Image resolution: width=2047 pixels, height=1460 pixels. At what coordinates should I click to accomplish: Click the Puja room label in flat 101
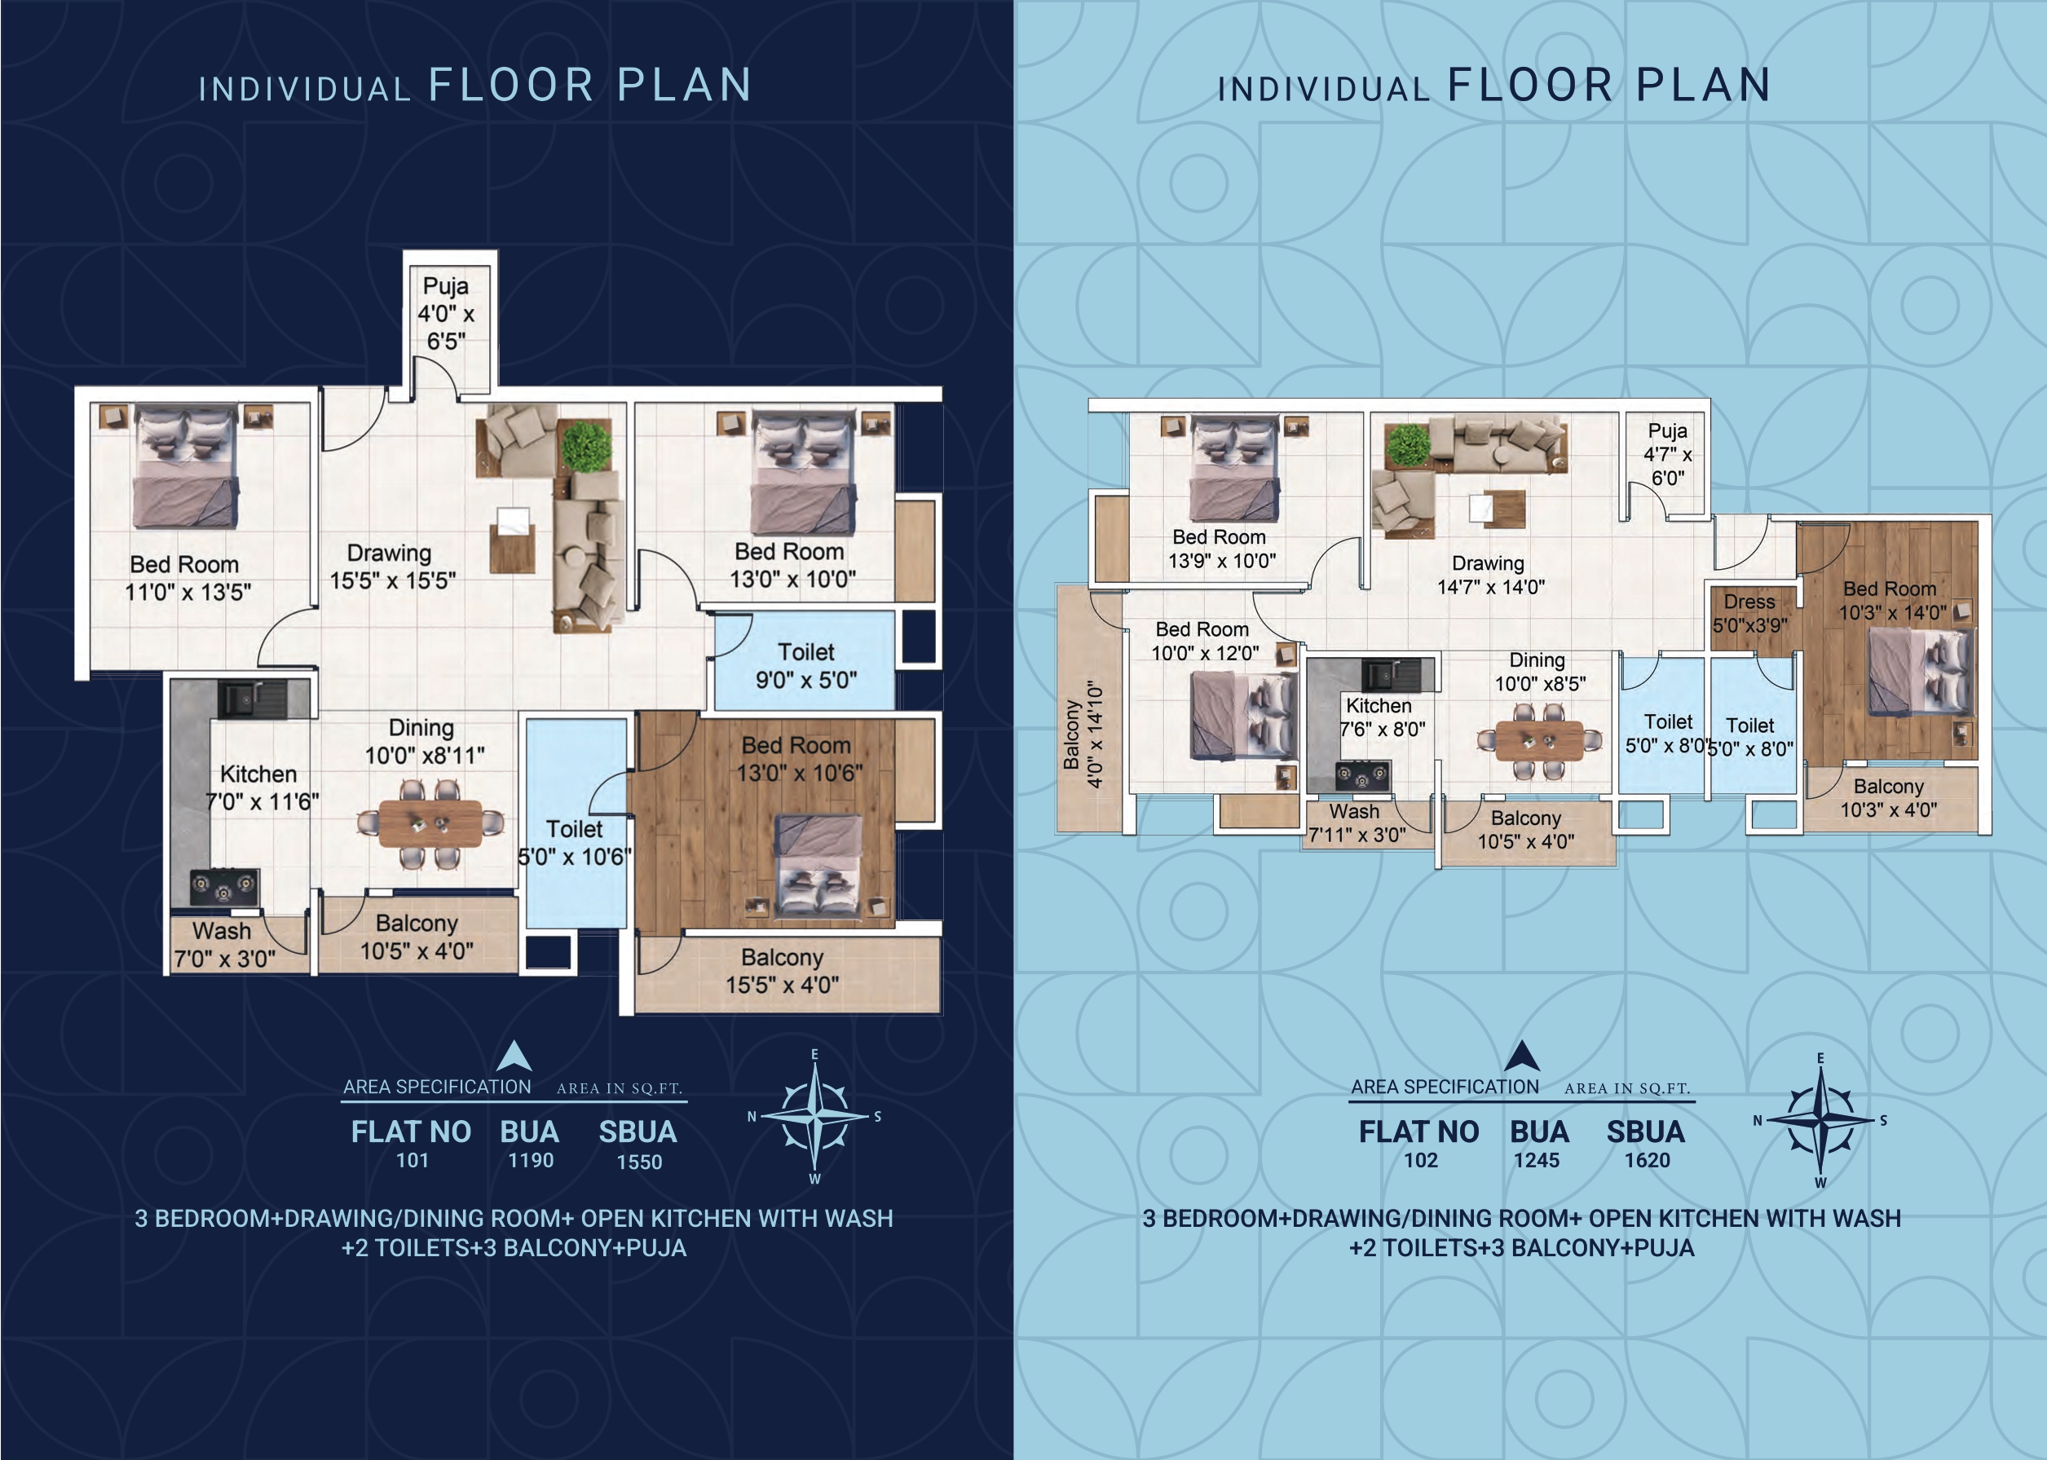(446, 313)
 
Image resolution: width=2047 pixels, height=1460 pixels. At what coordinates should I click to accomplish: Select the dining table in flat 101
(430, 823)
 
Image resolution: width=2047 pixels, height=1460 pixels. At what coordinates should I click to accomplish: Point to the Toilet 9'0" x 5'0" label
(805, 665)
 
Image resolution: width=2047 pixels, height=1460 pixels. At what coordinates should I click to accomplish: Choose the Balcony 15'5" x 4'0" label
(782, 971)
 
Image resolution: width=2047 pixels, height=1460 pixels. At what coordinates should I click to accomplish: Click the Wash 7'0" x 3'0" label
(224, 945)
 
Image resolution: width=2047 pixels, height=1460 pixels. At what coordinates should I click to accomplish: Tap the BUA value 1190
(531, 1161)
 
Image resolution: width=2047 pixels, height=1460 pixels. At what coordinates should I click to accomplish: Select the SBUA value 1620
(1647, 1161)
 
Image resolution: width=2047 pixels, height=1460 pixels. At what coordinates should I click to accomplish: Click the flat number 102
(1421, 1161)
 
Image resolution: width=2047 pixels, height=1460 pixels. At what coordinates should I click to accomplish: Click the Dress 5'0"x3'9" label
(1749, 613)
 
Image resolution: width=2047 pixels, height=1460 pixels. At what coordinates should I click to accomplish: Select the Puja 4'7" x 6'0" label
(1668, 454)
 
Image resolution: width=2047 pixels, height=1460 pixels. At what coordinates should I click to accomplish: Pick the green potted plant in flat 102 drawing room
(1408, 445)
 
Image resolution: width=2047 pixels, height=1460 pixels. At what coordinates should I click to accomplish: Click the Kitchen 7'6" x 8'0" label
(1382, 717)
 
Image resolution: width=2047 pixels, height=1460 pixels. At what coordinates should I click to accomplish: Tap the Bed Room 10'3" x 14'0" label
(1891, 601)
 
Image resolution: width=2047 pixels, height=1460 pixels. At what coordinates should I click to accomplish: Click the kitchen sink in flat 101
(253, 698)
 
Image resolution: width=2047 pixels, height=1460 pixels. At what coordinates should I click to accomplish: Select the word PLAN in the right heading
(1703, 86)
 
